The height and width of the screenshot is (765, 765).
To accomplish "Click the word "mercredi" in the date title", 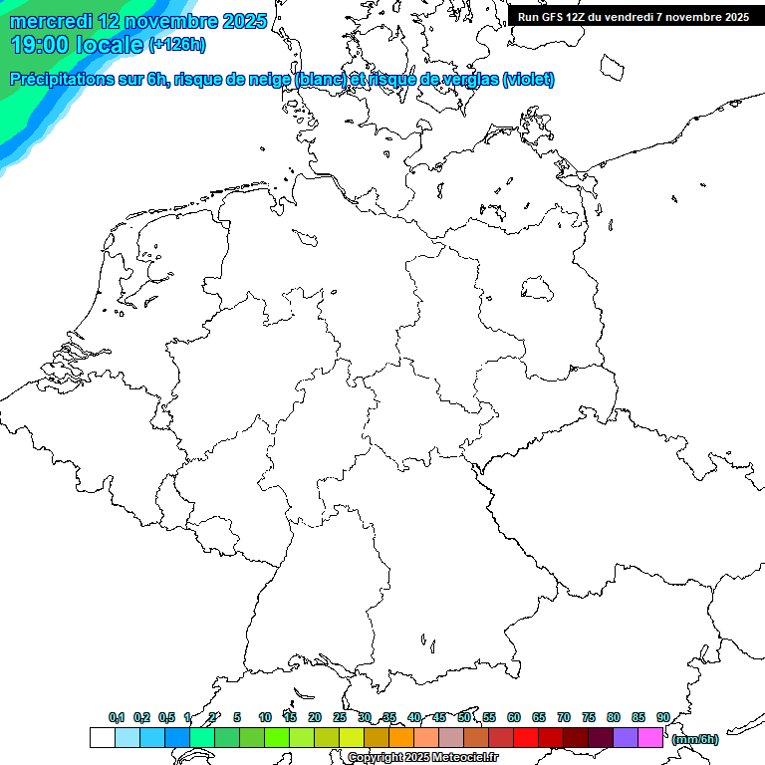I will coord(51,21).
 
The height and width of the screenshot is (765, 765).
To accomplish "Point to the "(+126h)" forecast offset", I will coord(177,45).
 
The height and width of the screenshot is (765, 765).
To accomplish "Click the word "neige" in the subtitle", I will coord(268,80).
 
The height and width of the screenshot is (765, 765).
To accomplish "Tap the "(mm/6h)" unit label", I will coord(694,739).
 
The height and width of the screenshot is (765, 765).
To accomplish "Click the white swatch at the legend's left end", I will coord(102,738).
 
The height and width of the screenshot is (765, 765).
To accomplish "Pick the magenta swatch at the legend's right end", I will coord(650,738).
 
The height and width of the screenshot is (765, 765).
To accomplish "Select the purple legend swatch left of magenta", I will coord(626,738).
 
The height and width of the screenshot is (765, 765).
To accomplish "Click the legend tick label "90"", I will coord(662,717).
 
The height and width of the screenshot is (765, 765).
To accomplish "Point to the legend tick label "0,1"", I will coord(116,717).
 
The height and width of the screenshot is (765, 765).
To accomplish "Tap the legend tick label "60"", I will coord(514,717).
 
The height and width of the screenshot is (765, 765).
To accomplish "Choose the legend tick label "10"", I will coord(265,717).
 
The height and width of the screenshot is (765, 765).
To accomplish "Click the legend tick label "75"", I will coord(589,717).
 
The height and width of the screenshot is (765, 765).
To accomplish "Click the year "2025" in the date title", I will coord(237,21).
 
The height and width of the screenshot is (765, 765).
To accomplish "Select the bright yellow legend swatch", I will coord(352,738).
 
